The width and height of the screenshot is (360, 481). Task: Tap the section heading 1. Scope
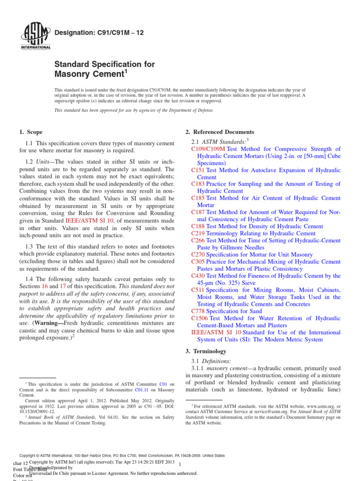point(31,132)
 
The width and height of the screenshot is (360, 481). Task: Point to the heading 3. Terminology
point(206,351)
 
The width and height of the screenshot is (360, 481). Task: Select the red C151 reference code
point(198,170)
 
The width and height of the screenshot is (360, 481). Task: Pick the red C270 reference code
point(198,254)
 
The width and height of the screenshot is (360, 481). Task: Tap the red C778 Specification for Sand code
point(198,310)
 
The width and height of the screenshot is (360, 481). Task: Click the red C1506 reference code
point(200,318)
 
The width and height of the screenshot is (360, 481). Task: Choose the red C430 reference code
point(198,276)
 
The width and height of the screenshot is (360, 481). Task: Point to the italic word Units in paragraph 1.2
point(43,162)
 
